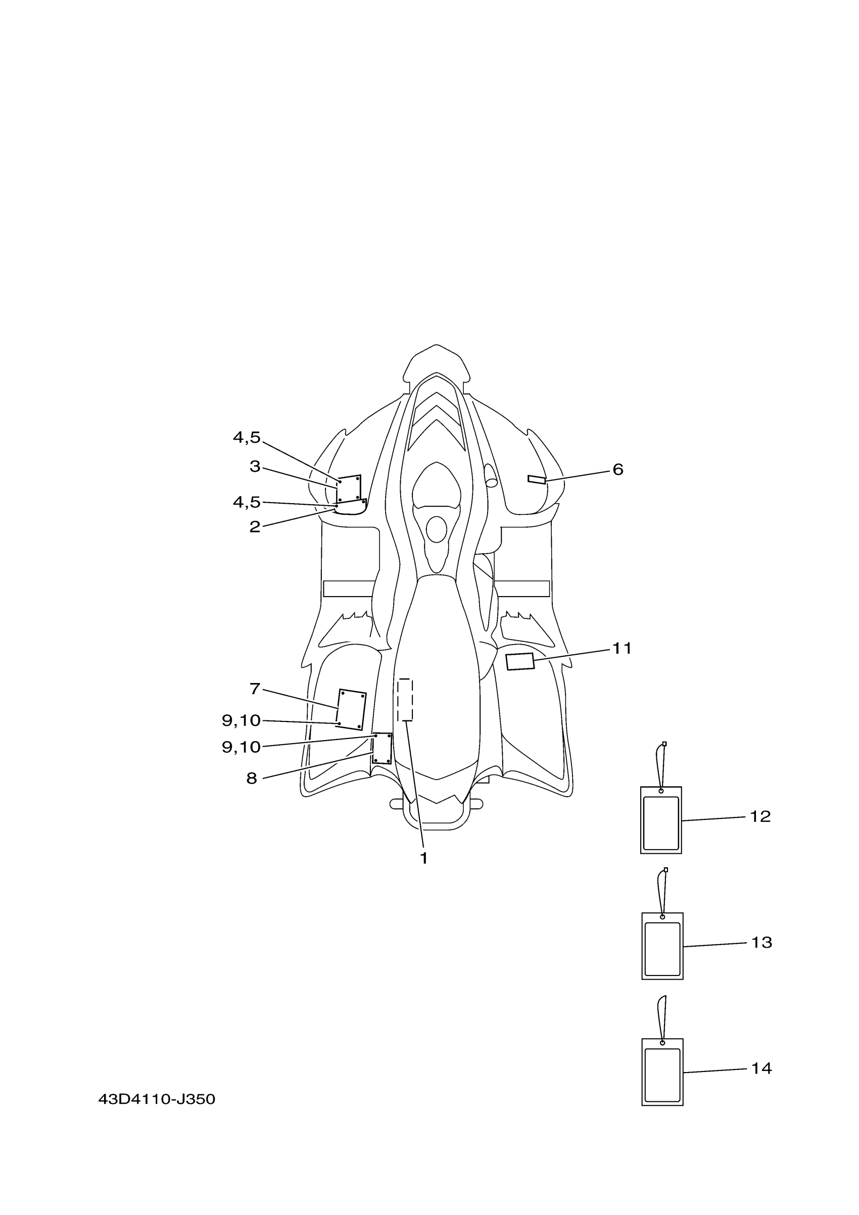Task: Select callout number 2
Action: point(255,527)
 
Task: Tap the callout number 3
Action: point(255,467)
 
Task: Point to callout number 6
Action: point(617,469)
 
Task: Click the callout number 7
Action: point(255,689)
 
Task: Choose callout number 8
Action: point(252,779)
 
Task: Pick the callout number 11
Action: point(622,648)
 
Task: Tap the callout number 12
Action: point(760,816)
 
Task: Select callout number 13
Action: point(761,943)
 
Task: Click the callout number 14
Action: point(761,1068)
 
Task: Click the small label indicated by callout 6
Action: point(536,479)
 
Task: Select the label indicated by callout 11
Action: point(520,661)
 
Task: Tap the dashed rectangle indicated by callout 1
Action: point(405,700)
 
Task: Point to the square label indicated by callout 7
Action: point(351,710)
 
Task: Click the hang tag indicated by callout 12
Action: point(660,820)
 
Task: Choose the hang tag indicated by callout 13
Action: point(662,946)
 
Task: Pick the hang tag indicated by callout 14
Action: point(662,1072)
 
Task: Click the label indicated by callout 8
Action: point(381,748)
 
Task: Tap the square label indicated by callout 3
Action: point(349,489)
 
